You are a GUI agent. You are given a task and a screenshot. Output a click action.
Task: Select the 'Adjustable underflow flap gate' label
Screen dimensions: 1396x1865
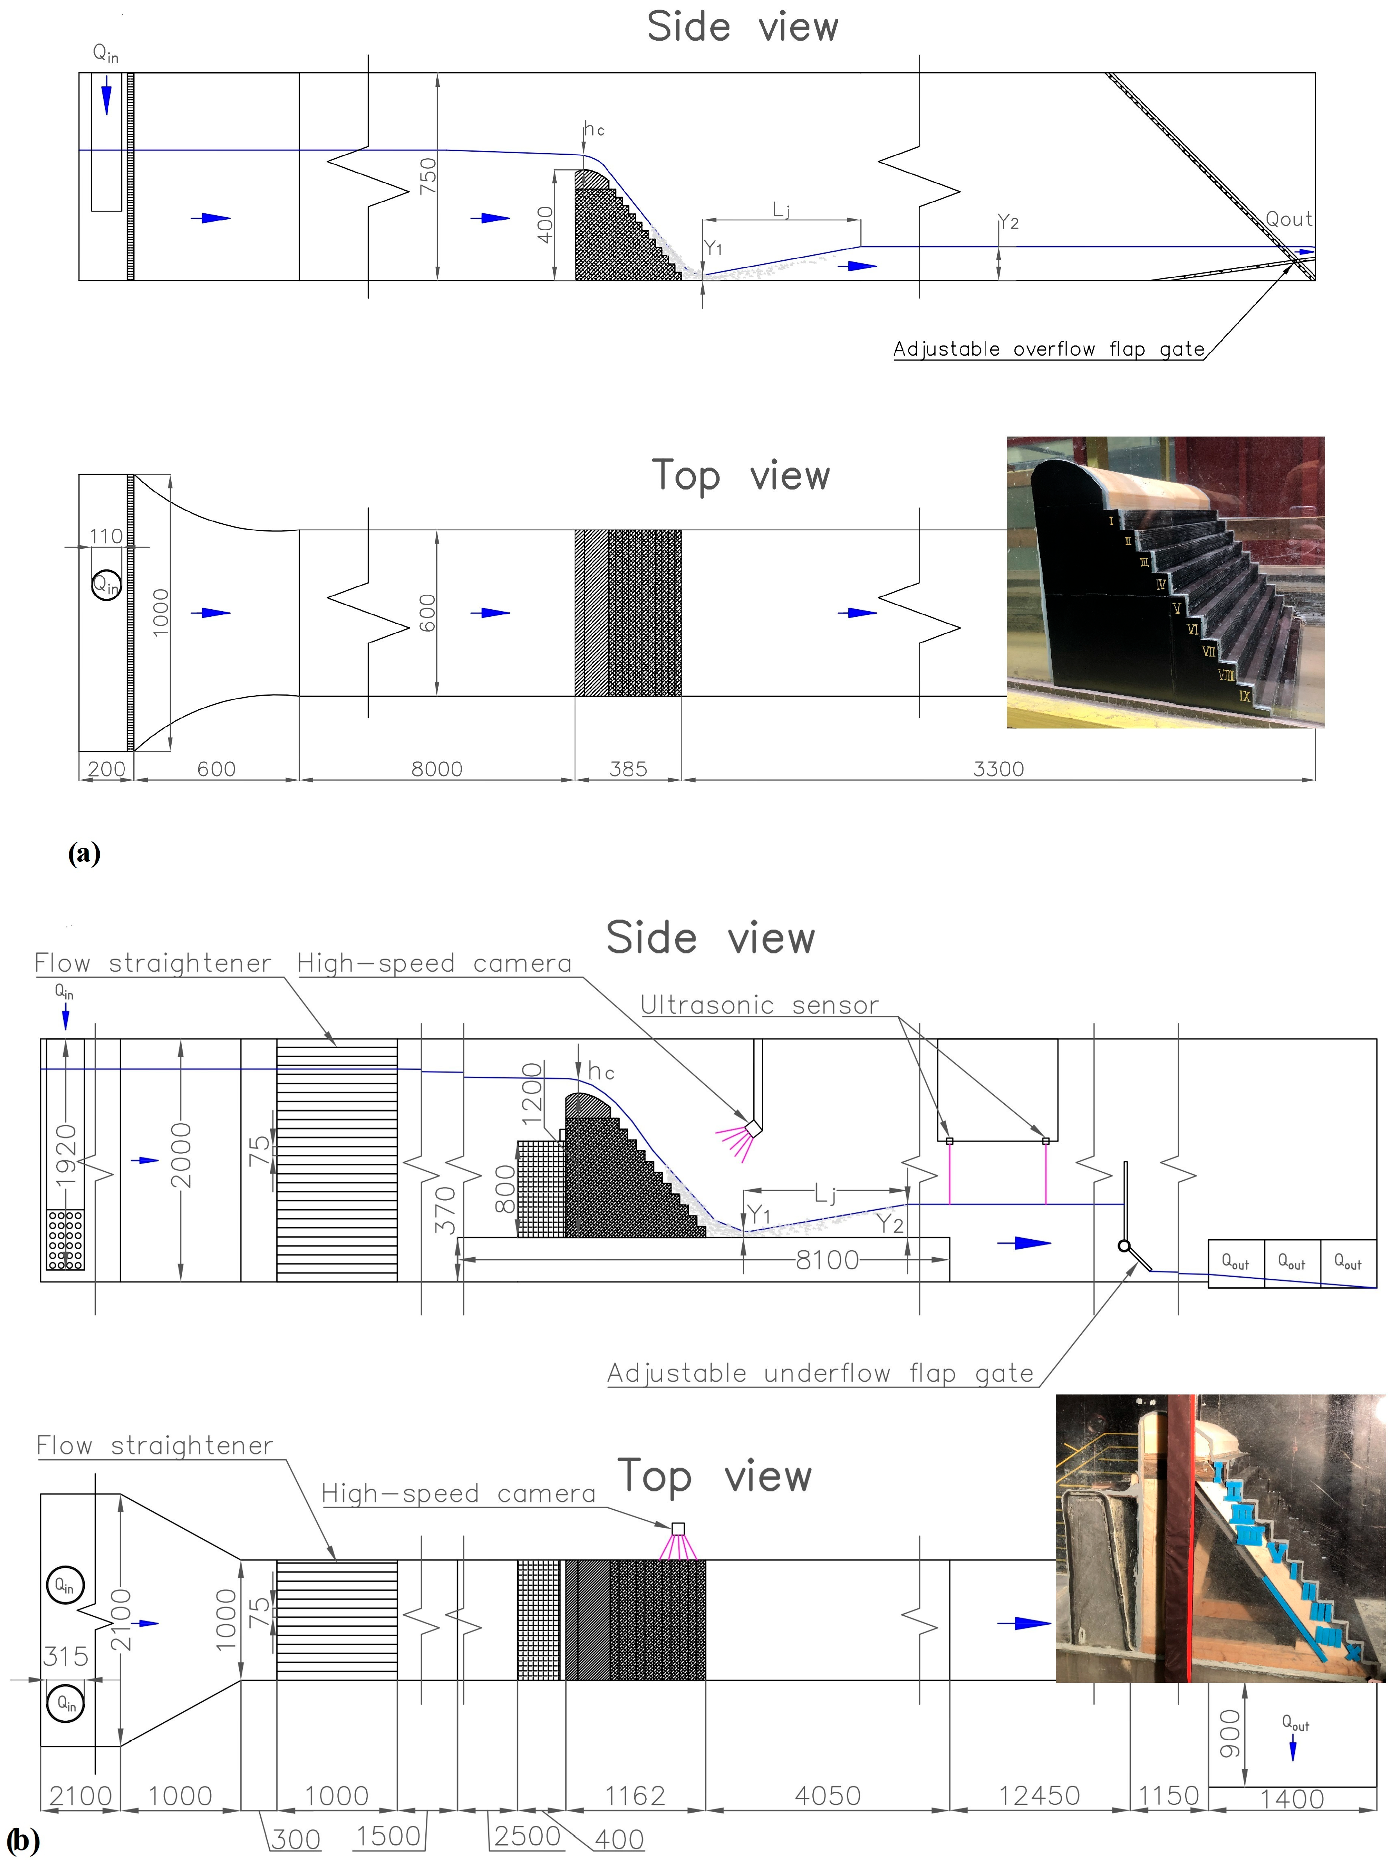click(x=821, y=1373)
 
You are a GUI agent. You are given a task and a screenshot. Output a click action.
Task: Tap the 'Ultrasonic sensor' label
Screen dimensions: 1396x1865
click(x=759, y=1005)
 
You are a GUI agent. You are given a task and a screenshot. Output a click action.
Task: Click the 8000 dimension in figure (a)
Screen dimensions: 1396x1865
click(x=437, y=769)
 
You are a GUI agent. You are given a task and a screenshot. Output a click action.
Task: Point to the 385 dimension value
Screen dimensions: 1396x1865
click(x=628, y=769)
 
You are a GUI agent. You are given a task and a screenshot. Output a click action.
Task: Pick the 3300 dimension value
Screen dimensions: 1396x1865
click(x=999, y=769)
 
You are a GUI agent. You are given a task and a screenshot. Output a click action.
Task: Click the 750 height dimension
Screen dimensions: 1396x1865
click(x=428, y=175)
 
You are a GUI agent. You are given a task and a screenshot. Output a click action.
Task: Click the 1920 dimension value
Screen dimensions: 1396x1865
click(x=65, y=1155)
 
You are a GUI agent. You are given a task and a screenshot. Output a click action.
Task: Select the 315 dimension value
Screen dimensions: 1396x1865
click(x=66, y=1657)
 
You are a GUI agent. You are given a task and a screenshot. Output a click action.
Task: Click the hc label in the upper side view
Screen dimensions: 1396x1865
click(x=595, y=129)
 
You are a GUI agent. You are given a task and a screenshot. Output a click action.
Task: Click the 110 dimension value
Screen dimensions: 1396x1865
click(x=106, y=536)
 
